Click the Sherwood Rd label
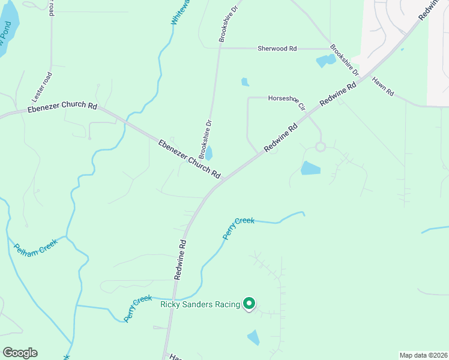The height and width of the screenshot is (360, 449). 277,49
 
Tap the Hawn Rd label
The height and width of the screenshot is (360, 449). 382,86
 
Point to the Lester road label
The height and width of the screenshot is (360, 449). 43,86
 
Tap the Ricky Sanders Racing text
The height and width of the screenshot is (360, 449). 200,304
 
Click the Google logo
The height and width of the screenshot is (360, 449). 20,353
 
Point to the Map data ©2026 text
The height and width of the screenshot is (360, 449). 423,355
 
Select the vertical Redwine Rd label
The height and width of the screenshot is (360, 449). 179,260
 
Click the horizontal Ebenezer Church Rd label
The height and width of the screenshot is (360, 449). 62,107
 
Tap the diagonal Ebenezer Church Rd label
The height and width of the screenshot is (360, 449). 189,159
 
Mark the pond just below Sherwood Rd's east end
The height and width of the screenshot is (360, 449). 326,61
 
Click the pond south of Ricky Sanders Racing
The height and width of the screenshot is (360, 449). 254,337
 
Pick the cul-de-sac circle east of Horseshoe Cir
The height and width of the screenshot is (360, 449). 320,146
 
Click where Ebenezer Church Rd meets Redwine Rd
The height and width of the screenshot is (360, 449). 223,178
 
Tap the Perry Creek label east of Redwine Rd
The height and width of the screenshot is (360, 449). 238,228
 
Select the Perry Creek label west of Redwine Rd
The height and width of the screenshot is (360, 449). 137,308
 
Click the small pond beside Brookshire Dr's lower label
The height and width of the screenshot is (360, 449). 209,153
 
